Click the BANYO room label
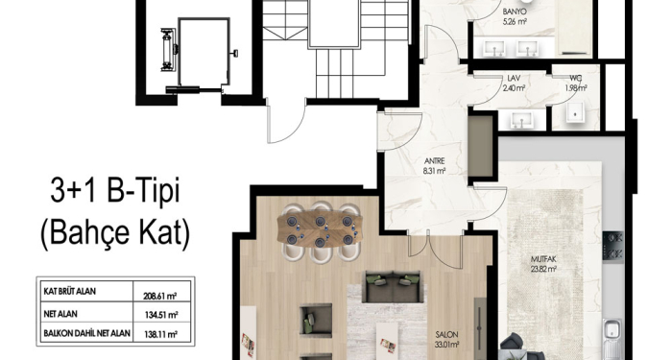click(x=515, y=12)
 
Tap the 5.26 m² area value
click(x=515, y=20)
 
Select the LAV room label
click(x=514, y=80)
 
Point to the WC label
click(x=575, y=79)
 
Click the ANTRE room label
click(x=434, y=161)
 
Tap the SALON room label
click(x=447, y=335)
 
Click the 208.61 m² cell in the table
click(x=160, y=296)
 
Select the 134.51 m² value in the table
click(x=161, y=316)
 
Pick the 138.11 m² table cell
click(x=161, y=334)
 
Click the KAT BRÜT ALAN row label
click(x=70, y=292)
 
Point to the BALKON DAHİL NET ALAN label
click(x=87, y=333)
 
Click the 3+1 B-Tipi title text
click(x=115, y=191)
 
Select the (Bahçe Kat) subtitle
click(x=115, y=232)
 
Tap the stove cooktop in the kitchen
click(x=612, y=247)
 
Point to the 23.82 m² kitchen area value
click(x=543, y=269)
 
